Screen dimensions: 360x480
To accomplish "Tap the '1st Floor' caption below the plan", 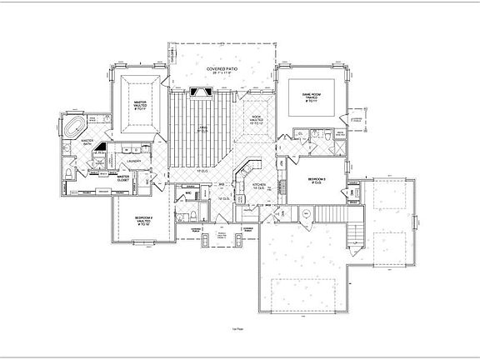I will point(240,331).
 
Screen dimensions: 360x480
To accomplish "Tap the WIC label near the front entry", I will point(189,193).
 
